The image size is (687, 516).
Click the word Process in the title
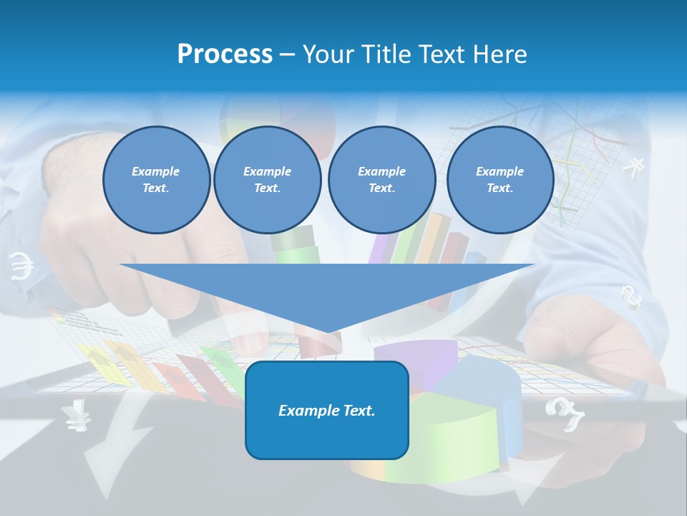pos(225,54)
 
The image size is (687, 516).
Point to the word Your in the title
pos(328,54)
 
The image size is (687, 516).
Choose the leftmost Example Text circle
pos(156,180)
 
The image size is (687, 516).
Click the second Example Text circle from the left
pos(267,180)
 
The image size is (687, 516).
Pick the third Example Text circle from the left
pos(381,180)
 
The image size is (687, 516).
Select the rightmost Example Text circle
pos(500,180)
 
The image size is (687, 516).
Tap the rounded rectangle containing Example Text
pos(327,410)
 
